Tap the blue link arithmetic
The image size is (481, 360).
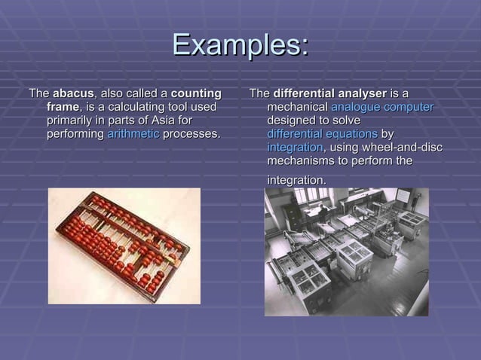[133, 134]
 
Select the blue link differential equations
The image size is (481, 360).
[322, 134]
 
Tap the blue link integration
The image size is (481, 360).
[295, 148]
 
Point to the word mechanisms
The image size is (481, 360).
[302, 161]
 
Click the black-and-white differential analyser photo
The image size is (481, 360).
[346, 252]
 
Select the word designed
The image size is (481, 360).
[292, 121]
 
